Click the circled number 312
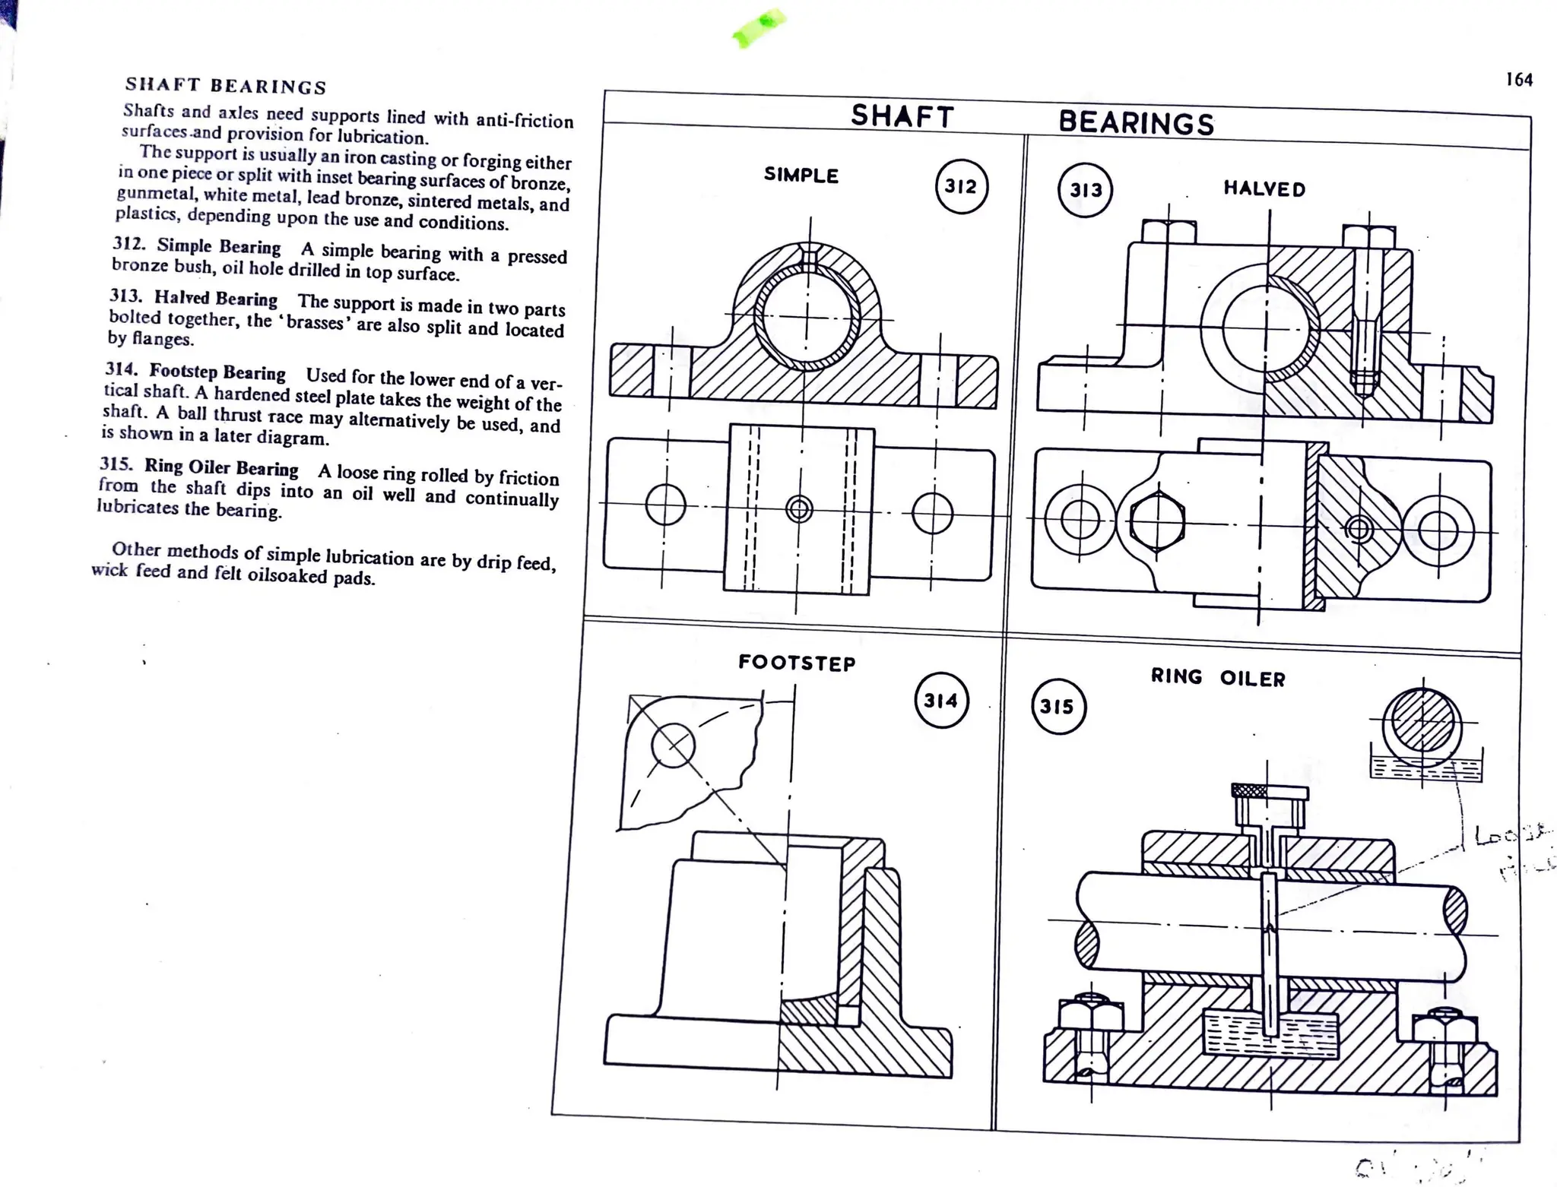click(x=961, y=186)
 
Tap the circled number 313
click(x=1085, y=190)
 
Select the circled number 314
click(x=941, y=701)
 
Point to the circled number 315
click(x=1058, y=707)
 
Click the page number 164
click(x=1519, y=80)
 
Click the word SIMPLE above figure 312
click(x=801, y=176)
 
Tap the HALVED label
click(x=1264, y=189)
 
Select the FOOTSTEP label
click(x=797, y=663)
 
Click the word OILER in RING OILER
click(x=1252, y=679)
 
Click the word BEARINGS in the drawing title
click(x=1136, y=123)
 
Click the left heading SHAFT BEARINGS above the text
click(x=226, y=86)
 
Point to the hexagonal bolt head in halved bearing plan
click(x=1156, y=522)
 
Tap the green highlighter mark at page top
click(x=759, y=27)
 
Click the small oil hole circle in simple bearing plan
click(x=799, y=508)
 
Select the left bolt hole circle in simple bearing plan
click(x=665, y=505)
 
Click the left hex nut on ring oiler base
click(x=1090, y=1014)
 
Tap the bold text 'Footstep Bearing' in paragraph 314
click(x=217, y=372)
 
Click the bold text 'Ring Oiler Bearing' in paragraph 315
click(x=221, y=467)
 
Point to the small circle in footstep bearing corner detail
click(x=673, y=745)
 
